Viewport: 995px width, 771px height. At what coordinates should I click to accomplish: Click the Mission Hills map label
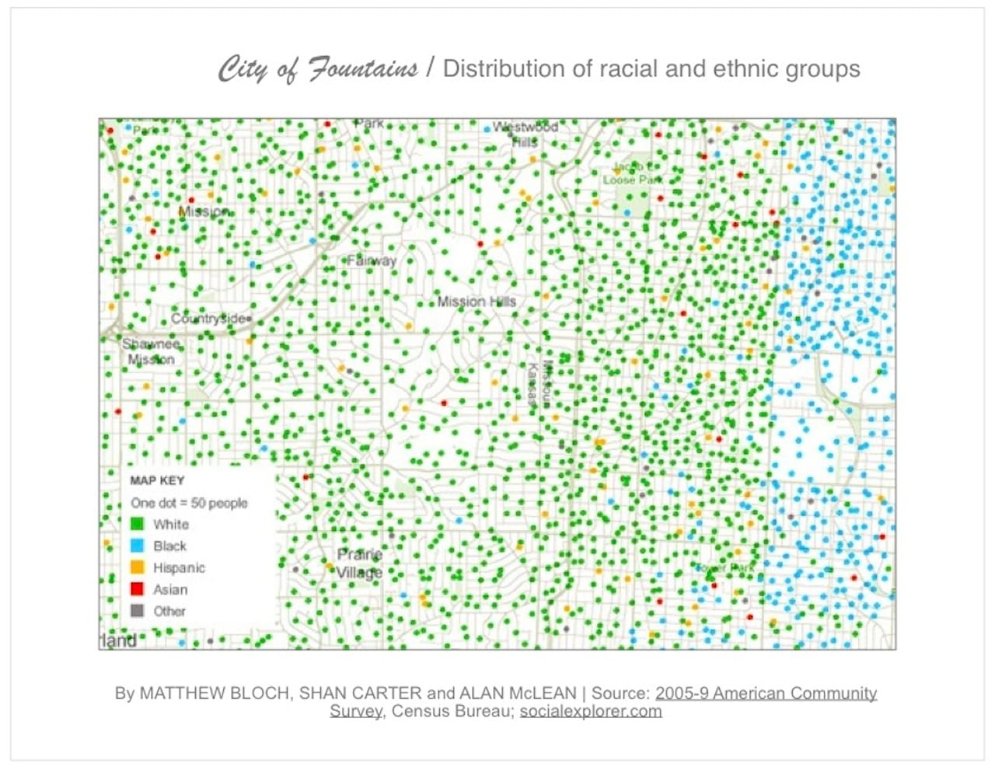(x=477, y=302)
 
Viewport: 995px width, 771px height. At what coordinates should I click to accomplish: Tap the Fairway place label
(x=372, y=260)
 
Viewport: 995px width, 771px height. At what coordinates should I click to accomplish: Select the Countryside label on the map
(x=208, y=319)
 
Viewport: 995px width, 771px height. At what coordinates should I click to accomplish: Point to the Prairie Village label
(x=359, y=563)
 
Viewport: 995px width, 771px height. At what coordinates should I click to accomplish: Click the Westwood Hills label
(x=525, y=134)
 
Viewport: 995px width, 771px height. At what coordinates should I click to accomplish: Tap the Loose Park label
(x=633, y=180)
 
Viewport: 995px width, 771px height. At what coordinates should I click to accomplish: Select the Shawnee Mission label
(x=151, y=351)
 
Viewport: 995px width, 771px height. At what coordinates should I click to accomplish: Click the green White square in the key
(x=138, y=524)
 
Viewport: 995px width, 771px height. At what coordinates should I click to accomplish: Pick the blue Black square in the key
(x=138, y=546)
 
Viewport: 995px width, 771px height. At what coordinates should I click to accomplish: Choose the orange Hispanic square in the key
(x=138, y=567)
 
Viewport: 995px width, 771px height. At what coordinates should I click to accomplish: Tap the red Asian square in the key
(x=138, y=589)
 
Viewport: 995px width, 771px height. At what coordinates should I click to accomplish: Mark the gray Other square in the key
(x=138, y=611)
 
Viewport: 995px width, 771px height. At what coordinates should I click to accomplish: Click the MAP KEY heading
(x=157, y=480)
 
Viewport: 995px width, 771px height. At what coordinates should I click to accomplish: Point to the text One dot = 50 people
(x=189, y=503)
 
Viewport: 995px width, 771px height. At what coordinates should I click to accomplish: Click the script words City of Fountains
(x=317, y=69)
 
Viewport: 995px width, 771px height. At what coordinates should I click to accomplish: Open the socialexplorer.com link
(x=591, y=711)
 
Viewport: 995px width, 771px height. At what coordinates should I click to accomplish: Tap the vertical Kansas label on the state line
(x=532, y=385)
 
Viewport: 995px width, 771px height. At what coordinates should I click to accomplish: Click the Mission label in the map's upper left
(x=204, y=211)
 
